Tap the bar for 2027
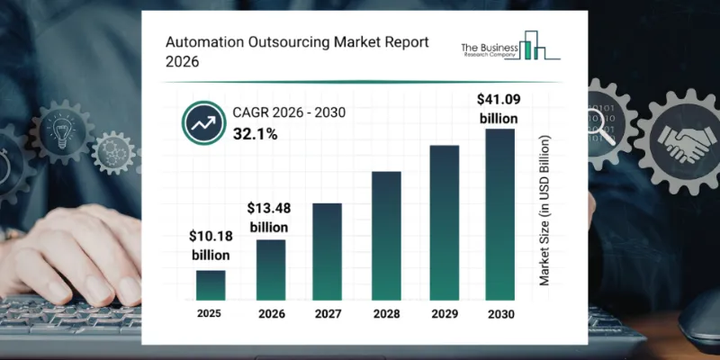pyautogui.click(x=327, y=251)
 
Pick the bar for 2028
pyautogui.click(x=385, y=235)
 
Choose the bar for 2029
pyautogui.click(x=444, y=222)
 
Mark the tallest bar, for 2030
pyautogui.click(x=501, y=214)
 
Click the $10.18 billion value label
pyautogui.click(x=211, y=246)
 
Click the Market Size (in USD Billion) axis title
pyautogui.click(x=544, y=211)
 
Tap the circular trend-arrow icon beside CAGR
pyautogui.click(x=201, y=123)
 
